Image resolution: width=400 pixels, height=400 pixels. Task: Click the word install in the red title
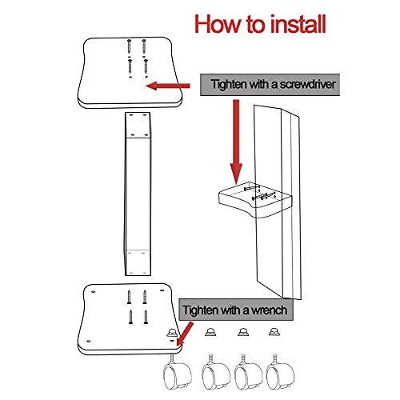click(298, 24)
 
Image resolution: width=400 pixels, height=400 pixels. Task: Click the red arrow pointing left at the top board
click(168, 86)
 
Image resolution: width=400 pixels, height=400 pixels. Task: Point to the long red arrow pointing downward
click(236, 142)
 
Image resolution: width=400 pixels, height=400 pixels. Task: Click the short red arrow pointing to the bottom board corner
click(185, 334)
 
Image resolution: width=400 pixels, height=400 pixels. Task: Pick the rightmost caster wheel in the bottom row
click(280, 372)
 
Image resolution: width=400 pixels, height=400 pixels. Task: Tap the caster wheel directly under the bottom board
click(177, 372)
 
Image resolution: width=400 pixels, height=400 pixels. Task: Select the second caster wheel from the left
click(216, 372)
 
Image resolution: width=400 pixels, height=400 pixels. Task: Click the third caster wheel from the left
click(248, 372)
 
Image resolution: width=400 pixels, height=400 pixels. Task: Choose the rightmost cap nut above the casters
click(274, 332)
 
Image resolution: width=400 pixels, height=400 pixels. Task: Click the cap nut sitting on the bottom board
click(172, 332)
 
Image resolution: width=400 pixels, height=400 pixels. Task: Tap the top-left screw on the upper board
click(129, 46)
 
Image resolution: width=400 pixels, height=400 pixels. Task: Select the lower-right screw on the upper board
click(146, 66)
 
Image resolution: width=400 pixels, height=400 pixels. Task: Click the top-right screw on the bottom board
click(145, 297)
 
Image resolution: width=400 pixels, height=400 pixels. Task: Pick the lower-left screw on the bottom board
click(130, 317)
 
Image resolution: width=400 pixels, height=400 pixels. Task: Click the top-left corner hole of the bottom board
click(93, 291)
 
